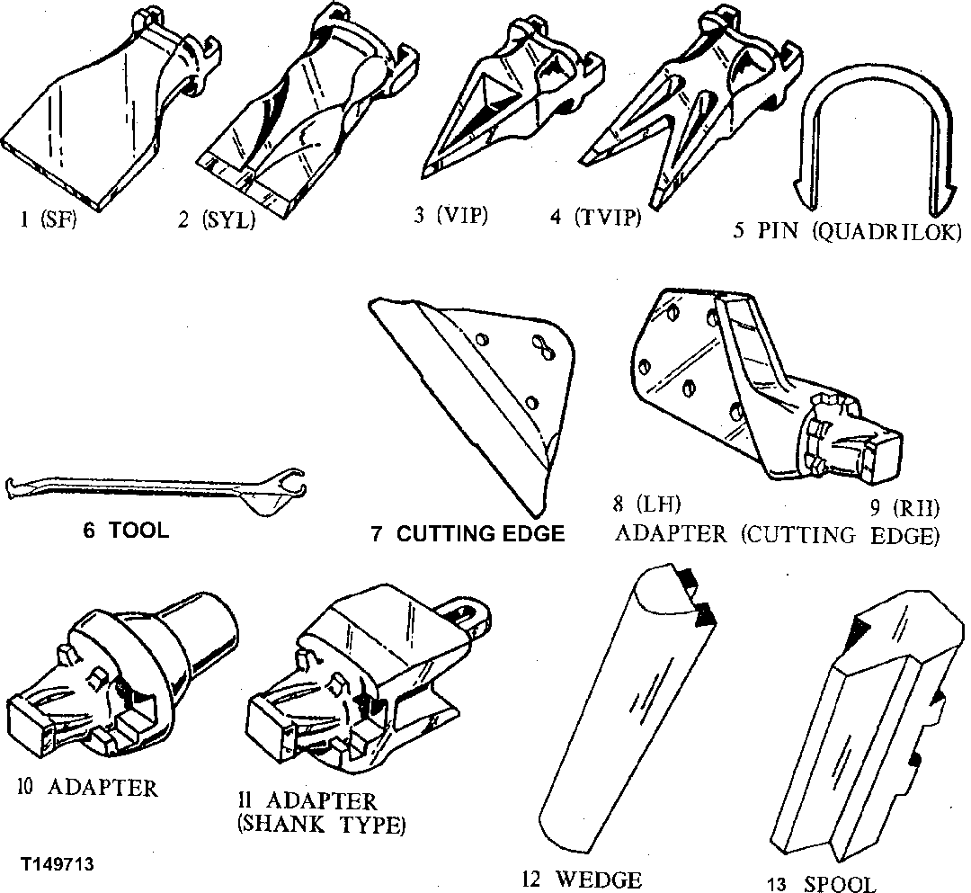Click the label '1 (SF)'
47,218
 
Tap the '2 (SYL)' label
216,219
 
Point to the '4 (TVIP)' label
595,217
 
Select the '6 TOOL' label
126,531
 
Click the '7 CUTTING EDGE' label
468,534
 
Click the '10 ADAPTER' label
87,788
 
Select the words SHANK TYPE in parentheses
321,824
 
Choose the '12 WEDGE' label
583,879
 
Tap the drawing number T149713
58,863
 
